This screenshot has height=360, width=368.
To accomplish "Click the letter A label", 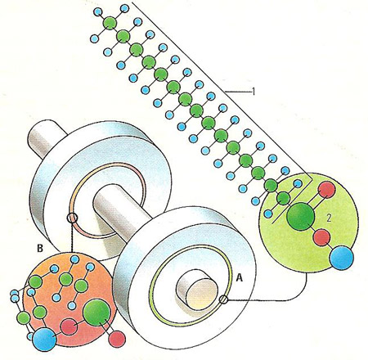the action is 239,277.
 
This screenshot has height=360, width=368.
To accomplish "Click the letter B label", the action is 40,248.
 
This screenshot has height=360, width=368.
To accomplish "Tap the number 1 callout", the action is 254,92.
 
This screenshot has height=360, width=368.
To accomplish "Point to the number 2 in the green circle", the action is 329,218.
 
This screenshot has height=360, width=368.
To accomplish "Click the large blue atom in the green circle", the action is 342,258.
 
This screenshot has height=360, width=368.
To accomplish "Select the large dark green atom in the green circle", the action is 301,216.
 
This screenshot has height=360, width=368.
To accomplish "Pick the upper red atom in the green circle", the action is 326,190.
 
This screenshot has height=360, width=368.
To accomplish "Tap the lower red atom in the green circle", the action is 322,237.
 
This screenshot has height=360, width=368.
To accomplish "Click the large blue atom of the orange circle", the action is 44,339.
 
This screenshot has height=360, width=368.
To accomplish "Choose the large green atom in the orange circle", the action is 96,313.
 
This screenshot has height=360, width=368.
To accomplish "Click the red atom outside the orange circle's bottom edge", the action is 117,339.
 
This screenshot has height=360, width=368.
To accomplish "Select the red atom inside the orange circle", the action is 69,326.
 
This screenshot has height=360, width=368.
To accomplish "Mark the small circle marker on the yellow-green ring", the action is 223,299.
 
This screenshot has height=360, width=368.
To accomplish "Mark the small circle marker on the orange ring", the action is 72,218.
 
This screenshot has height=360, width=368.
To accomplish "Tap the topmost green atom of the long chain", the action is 110,24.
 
